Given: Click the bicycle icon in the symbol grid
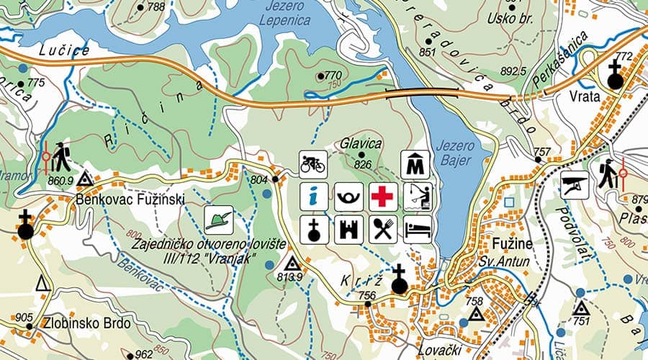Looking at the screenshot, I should point(313,163).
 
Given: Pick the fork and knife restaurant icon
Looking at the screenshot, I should point(383,230).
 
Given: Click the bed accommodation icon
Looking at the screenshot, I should point(417,230).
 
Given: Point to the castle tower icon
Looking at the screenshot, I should point(348,230).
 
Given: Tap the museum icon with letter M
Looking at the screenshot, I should point(415,164).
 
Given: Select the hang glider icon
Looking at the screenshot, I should point(575,185).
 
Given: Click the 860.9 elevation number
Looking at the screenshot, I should point(60,181).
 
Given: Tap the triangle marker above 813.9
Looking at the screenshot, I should point(292,264).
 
